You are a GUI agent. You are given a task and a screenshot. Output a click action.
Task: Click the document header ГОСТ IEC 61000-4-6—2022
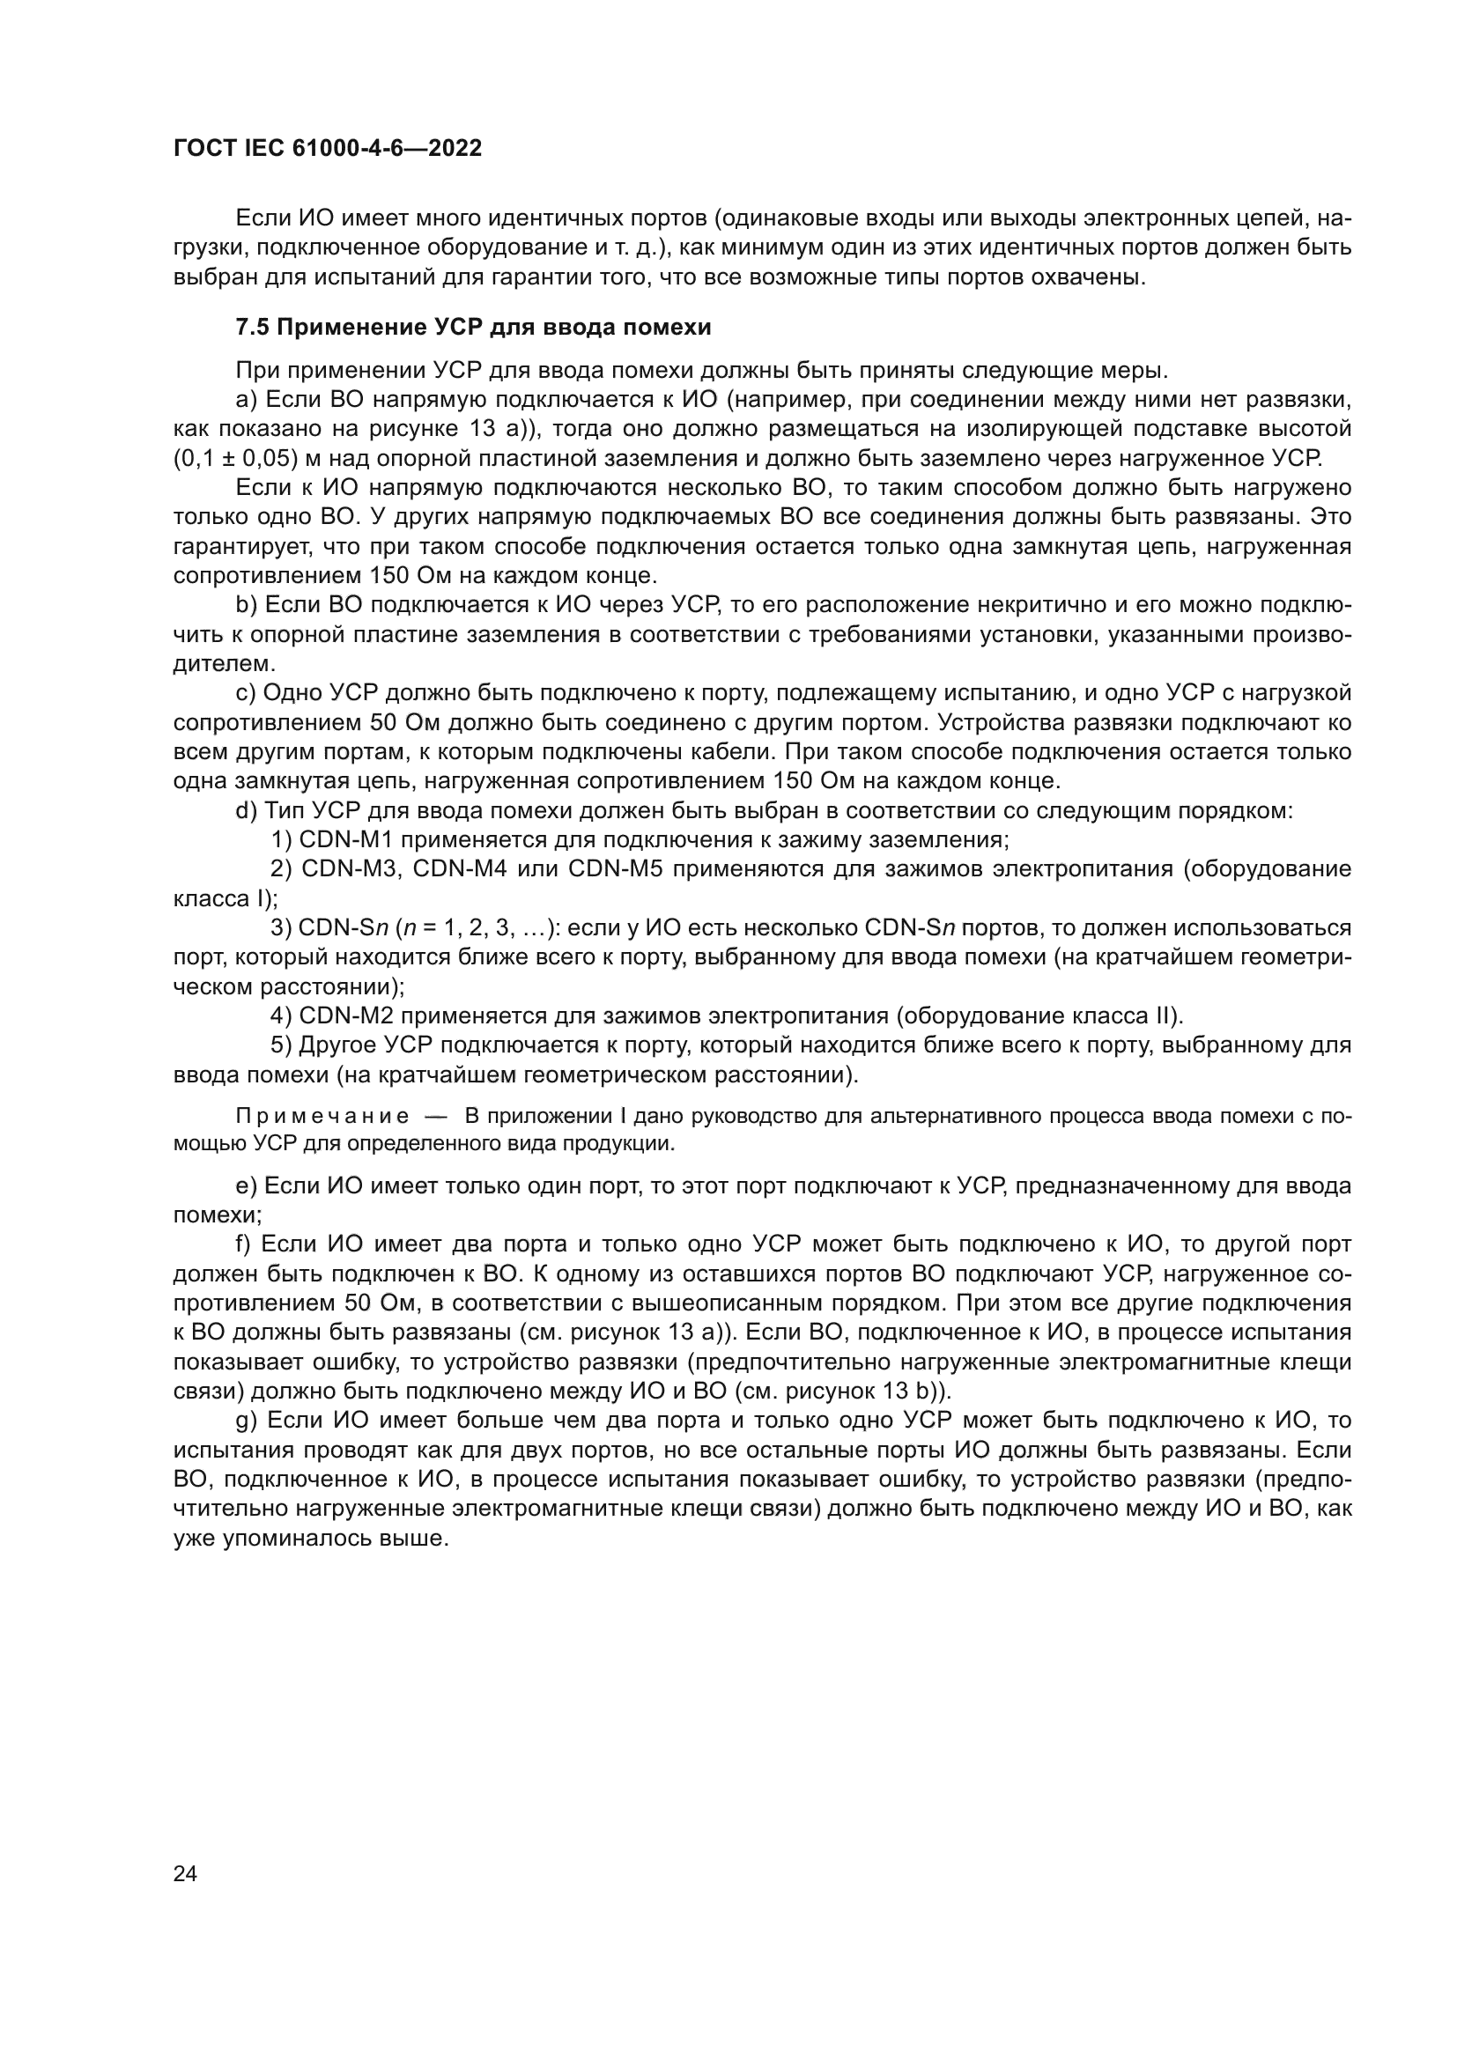pos(328,149)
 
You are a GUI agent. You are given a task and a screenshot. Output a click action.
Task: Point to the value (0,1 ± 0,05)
pos(235,459)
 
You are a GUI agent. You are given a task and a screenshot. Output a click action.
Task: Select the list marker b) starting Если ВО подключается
pos(247,606)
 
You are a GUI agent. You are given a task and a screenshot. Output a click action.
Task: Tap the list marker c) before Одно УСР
pos(247,693)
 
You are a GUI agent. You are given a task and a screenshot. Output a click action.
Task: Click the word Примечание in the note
pos(322,1116)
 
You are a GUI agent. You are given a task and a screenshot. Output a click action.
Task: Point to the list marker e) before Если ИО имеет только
pos(247,1186)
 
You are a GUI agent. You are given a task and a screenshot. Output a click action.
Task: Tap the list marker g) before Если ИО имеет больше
pos(247,1421)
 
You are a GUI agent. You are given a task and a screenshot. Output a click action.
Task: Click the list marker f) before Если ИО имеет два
pos(245,1244)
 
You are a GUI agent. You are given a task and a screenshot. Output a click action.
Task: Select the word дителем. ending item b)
pos(225,665)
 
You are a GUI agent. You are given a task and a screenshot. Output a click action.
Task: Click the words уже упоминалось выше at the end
pos(310,1539)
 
